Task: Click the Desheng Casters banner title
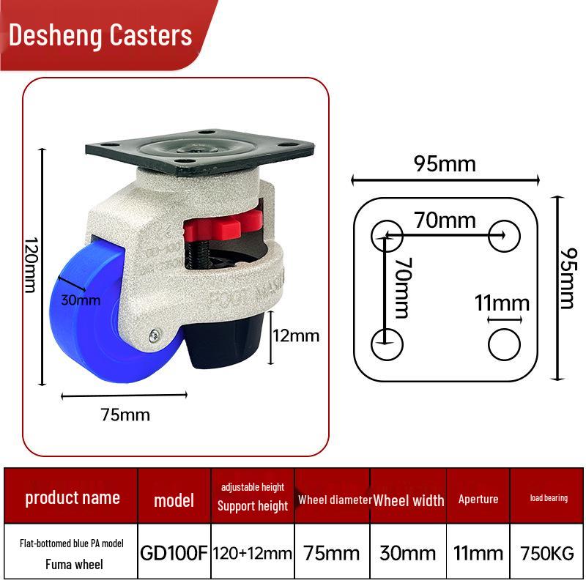tap(100, 35)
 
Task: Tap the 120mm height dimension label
tap(31, 264)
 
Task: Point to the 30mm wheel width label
tap(81, 300)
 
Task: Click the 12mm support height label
tap(296, 335)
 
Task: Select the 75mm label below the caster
tap(125, 415)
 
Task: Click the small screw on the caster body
tap(155, 335)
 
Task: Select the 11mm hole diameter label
tap(502, 303)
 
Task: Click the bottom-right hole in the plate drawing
tap(504, 344)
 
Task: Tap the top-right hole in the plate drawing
tap(504, 236)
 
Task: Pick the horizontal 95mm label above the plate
tap(445, 163)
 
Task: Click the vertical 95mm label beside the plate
tap(568, 278)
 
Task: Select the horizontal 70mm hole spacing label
tap(445, 220)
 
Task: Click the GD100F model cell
tap(174, 553)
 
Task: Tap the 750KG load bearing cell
tap(547, 554)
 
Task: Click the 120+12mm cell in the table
tap(253, 554)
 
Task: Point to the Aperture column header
tap(478, 500)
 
